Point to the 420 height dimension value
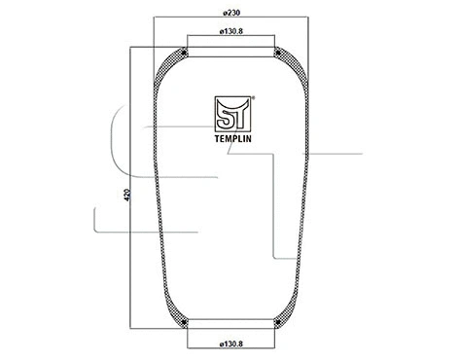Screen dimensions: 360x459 click(128, 194)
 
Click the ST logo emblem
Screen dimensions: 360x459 click(231, 113)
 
